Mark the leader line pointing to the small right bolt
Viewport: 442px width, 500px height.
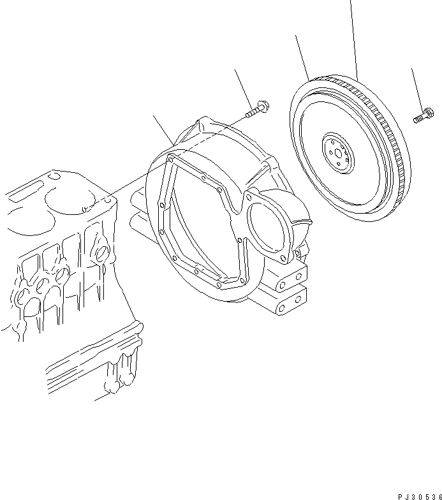pos(417,89)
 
